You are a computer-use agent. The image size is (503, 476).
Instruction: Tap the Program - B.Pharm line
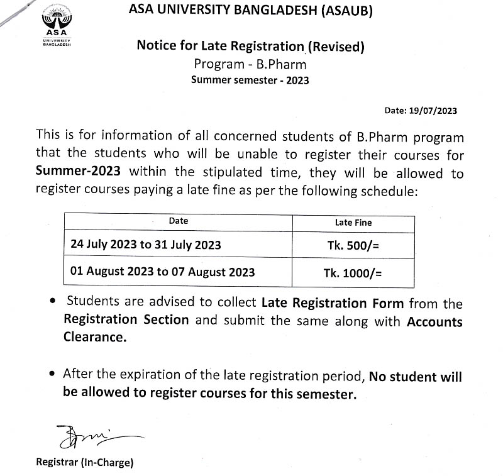click(x=250, y=64)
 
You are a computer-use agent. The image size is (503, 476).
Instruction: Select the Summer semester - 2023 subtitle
click(x=250, y=80)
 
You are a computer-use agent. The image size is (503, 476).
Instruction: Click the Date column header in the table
click(x=179, y=221)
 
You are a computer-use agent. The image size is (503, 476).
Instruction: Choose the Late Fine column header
click(x=353, y=222)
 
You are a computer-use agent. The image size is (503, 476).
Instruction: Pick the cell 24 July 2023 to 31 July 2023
click(x=146, y=245)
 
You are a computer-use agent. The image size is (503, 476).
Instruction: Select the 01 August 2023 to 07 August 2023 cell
click(x=163, y=272)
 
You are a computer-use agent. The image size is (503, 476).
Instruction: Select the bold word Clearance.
click(x=94, y=337)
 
